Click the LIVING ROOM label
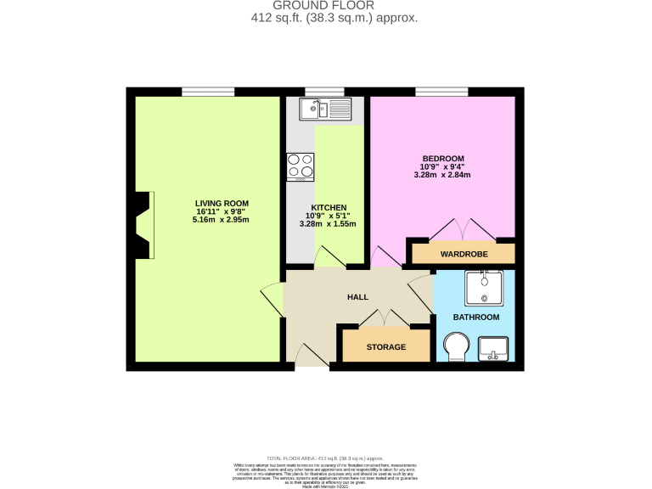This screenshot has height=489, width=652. click(222, 203)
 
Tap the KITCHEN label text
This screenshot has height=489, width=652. click(329, 207)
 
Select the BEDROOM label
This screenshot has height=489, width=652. click(443, 159)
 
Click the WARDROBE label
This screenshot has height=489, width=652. click(463, 254)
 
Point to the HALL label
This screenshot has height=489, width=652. click(357, 296)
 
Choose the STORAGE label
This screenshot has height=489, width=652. click(385, 347)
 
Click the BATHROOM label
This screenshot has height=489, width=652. click(475, 317)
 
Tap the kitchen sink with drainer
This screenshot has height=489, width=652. click(327, 109)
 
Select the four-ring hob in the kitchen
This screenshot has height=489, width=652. click(301, 166)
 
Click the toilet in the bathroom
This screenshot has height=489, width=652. click(458, 347)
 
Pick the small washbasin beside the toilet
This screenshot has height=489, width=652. click(493, 347)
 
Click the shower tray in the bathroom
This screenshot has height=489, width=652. click(484, 287)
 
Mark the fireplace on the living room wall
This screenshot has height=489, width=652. click(142, 224)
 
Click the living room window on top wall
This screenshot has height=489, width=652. click(208, 92)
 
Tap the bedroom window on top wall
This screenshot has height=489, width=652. click(441, 92)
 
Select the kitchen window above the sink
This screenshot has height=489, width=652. click(324, 92)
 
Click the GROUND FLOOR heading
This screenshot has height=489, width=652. click(326, 5)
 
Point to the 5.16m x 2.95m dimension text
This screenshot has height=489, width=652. click(222, 220)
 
